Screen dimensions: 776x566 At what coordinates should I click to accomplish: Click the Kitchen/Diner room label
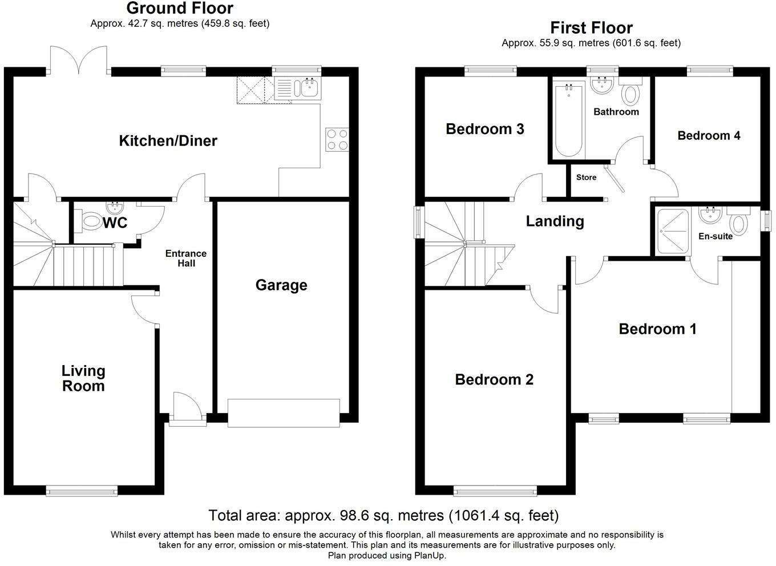coord(168,140)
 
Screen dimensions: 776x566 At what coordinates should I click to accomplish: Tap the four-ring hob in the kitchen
coord(337,140)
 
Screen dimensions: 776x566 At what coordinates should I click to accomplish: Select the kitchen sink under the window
coord(298,88)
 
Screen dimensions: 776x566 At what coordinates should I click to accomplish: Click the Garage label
coord(281,285)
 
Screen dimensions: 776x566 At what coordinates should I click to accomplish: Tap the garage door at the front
coord(284,413)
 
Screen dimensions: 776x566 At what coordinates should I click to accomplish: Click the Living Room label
coord(83,378)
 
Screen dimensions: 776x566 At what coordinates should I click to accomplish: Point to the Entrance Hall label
coord(186,258)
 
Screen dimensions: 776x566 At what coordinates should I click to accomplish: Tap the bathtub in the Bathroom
coord(568,119)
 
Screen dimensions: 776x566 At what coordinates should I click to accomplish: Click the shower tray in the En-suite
coord(672,232)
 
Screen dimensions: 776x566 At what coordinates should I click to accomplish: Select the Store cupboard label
coord(586,177)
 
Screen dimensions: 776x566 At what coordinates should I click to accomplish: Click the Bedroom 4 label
coord(709,135)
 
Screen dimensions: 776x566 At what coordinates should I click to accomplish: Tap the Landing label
coord(555,221)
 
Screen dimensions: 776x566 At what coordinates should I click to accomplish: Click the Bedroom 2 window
coord(495,491)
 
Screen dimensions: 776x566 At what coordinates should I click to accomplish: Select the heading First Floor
coord(591,28)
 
